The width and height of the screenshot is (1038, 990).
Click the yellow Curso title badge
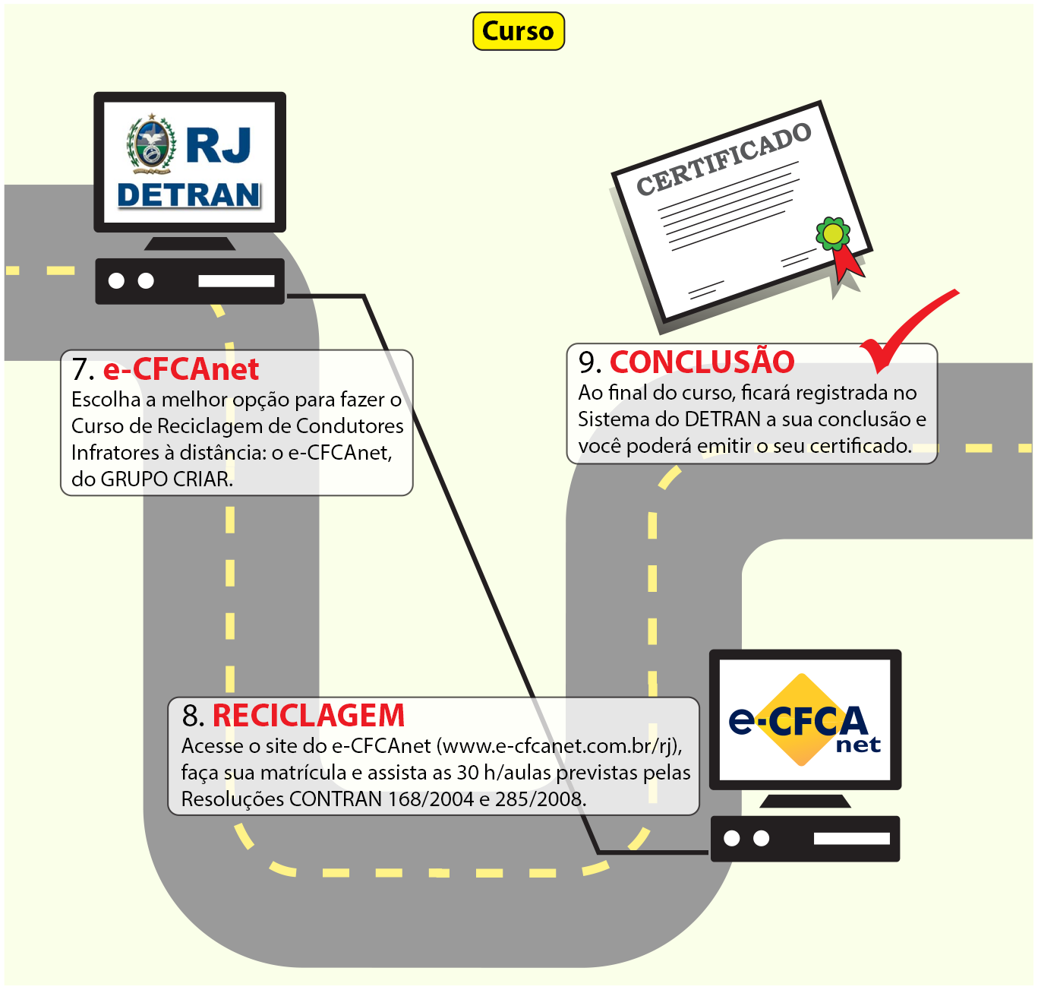(x=518, y=31)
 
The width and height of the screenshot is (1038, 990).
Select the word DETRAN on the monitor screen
(x=189, y=195)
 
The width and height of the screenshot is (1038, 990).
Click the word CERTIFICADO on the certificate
(x=724, y=159)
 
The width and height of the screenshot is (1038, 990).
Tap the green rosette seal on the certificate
(x=833, y=233)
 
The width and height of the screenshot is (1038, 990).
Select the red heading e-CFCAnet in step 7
(x=181, y=368)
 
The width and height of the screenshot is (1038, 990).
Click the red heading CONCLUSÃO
(x=702, y=362)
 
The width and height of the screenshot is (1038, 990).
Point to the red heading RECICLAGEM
(x=308, y=715)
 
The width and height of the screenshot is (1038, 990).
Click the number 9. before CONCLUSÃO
(x=590, y=362)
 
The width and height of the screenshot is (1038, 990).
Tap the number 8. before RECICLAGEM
(x=193, y=716)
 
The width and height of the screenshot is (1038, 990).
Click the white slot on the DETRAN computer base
(x=236, y=281)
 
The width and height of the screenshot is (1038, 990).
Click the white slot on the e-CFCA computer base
(x=851, y=838)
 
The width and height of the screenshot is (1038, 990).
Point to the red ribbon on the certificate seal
(x=847, y=264)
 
